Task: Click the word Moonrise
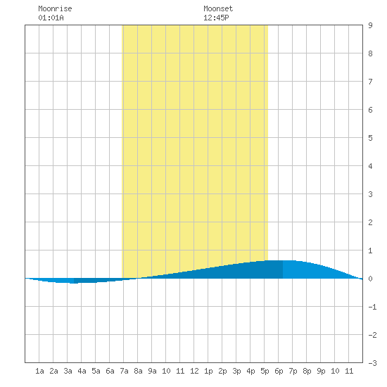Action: (55, 8)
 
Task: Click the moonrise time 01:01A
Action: (51, 18)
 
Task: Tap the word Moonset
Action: (218, 8)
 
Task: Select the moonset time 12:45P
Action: (216, 18)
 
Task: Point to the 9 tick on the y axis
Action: (370, 25)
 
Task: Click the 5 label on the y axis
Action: (370, 138)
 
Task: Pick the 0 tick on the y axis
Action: (370, 279)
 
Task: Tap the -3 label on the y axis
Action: (372, 363)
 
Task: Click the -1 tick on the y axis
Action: (372, 307)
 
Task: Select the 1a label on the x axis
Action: (39, 371)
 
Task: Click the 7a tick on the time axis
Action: (124, 371)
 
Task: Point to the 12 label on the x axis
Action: (194, 371)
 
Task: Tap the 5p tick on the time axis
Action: (265, 371)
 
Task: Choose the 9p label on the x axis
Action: (321, 371)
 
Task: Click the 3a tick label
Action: (68, 371)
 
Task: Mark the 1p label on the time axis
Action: (208, 371)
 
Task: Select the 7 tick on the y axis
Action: (370, 82)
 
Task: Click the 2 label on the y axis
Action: (370, 222)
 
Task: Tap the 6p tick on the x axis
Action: (279, 371)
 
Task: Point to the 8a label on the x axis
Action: (138, 371)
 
